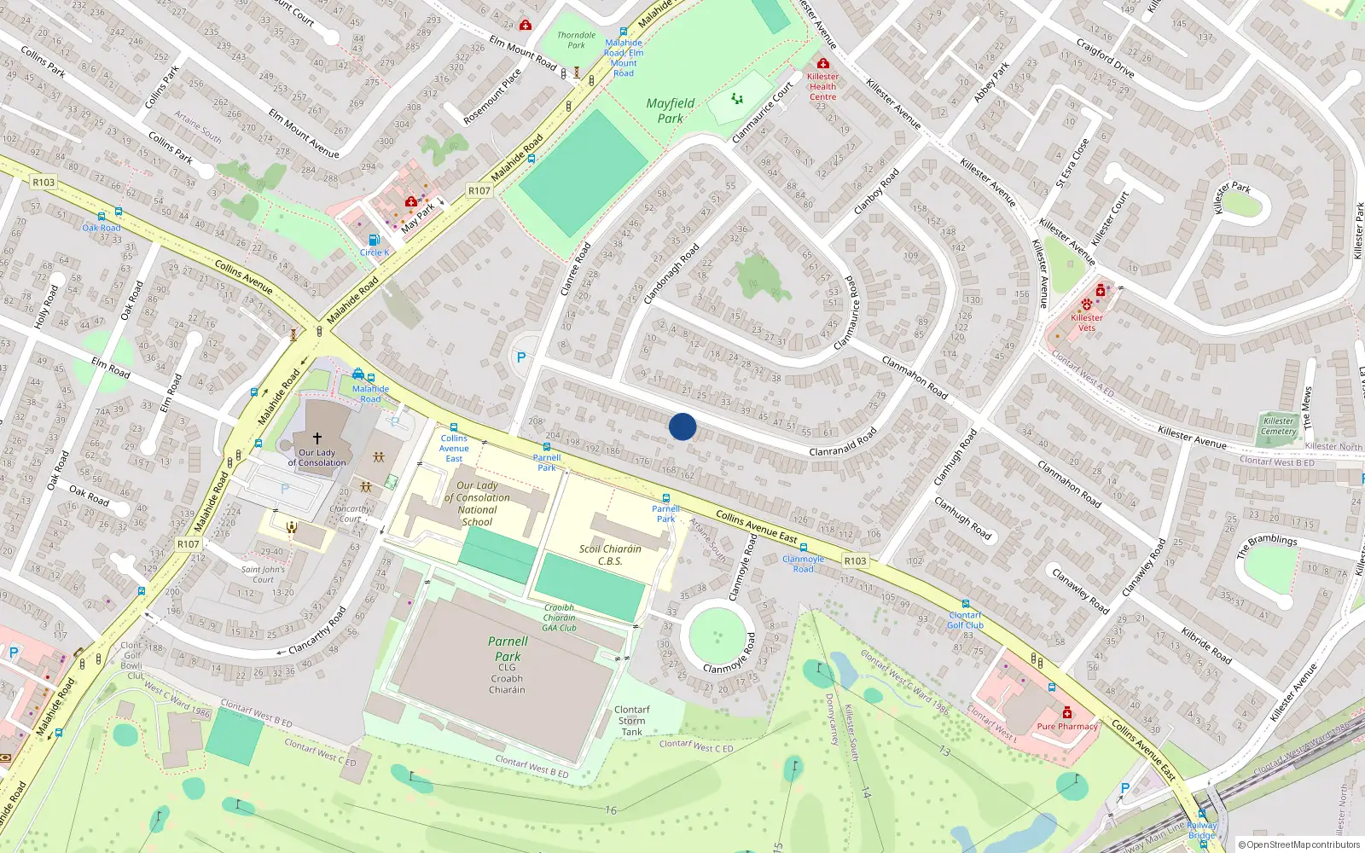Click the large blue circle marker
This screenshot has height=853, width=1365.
click(x=682, y=426)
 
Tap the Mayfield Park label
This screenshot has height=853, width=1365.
click(x=671, y=111)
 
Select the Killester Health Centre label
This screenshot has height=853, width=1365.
click(x=822, y=86)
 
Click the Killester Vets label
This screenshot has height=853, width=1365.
click(x=1087, y=322)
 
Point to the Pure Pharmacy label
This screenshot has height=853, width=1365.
click(x=1067, y=727)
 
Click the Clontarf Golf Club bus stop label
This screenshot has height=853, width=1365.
click(x=966, y=620)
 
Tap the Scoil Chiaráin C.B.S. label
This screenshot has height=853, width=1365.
click(x=610, y=554)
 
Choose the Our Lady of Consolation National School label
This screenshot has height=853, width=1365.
click(x=477, y=503)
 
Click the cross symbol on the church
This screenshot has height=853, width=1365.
click(x=317, y=438)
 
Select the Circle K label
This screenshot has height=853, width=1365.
click(x=374, y=252)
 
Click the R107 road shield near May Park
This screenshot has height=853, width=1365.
click(x=479, y=191)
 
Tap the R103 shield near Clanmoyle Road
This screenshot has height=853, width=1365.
click(x=855, y=560)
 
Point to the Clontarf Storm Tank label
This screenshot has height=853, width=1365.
click(x=632, y=721)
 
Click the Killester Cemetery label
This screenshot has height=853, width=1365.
click(x=1279, y=426)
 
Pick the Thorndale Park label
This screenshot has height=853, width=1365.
click(x=577, y=40)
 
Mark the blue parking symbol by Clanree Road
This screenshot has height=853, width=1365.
click(x=521, y=358)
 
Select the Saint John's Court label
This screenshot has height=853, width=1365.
click(x=263, y=574)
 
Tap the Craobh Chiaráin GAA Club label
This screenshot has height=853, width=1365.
click(x=560, y=618)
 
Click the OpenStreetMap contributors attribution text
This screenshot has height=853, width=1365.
click(x=1299, y=844)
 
